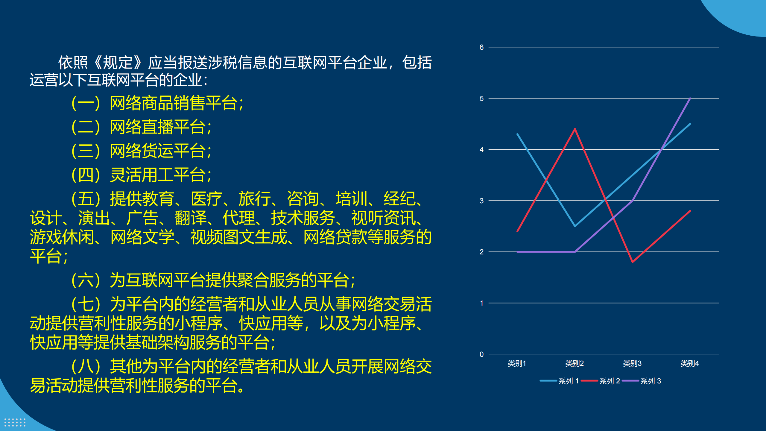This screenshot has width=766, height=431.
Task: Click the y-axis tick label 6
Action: coord(481,47)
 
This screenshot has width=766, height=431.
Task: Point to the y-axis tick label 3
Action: coord(481,201)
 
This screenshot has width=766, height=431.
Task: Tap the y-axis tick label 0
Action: coord(481,354)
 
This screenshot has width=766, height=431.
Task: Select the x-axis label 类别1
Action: coord(517,363)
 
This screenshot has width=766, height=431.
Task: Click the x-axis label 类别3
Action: coord(632,363)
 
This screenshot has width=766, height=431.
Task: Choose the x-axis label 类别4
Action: coord(690,363)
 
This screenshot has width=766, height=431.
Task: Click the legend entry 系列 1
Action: coord(560,381)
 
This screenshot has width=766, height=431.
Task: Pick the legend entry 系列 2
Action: coord(601,381)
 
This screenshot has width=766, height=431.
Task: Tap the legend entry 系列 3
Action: coord(642,381)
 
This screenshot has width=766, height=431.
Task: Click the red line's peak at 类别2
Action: coord(575,129)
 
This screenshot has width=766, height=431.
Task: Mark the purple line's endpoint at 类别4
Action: coord(690,98)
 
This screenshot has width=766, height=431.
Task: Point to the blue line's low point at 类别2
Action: coord(575,226)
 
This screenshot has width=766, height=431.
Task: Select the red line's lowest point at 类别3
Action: coord(633,262)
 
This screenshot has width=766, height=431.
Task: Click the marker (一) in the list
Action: coord(86,103)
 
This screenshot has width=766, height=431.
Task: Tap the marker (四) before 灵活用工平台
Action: coord(86,175)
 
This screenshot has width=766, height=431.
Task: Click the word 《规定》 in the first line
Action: coord(118,63)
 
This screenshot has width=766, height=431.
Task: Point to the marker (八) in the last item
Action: coord(86,366)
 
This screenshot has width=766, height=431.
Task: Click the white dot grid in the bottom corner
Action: coord(15,422)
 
